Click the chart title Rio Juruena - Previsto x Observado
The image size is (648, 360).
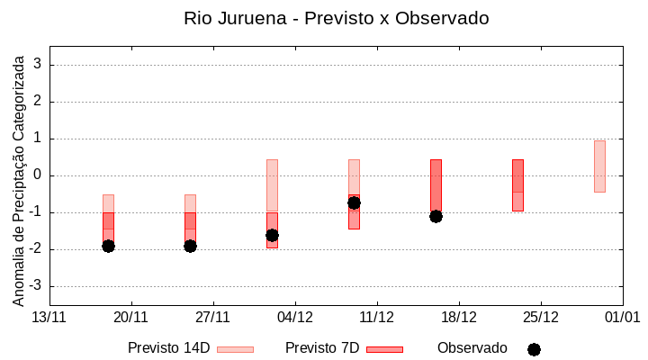point(336,18)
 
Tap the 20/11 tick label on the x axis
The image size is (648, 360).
point(130,317)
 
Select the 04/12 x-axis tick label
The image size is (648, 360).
point(294,317)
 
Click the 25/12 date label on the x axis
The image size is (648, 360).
point(540,317)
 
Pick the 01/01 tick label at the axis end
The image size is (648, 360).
point(622,317)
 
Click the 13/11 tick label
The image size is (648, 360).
point(49,317)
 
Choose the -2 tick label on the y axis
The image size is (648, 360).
point(36,249)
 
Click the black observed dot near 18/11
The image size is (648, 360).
point(108,246)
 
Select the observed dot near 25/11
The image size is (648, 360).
point(190,246)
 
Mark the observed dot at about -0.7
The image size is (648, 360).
point(354,202)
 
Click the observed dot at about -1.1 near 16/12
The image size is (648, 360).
point(436,216)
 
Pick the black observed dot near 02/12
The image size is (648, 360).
point(272,235)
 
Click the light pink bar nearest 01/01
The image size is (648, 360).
point(599,166)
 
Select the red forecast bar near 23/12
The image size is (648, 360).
point(517,185)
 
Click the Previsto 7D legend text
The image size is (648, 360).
point(322,348)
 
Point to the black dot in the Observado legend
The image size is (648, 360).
point(534,349)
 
